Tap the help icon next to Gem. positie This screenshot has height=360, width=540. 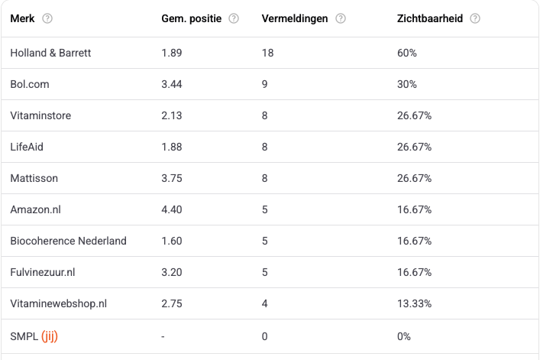234,18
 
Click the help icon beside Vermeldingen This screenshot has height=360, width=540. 341,18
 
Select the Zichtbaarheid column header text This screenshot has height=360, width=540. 430,18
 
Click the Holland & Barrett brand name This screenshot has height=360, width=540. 51,53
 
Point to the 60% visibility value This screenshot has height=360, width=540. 407,53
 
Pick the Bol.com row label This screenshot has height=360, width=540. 31,84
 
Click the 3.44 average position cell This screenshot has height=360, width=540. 172,84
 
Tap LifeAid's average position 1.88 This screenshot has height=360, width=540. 172,147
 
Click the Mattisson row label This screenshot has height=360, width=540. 34,178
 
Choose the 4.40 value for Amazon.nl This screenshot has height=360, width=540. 172,209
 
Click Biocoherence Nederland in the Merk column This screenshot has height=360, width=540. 69,241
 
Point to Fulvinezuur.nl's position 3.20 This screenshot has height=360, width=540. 172,272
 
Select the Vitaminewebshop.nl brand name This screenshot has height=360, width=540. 59,303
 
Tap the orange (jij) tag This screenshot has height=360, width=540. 50,336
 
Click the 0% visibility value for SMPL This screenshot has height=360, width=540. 404,336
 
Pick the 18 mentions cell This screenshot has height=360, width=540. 267,53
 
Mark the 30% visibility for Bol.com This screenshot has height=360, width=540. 407,84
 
